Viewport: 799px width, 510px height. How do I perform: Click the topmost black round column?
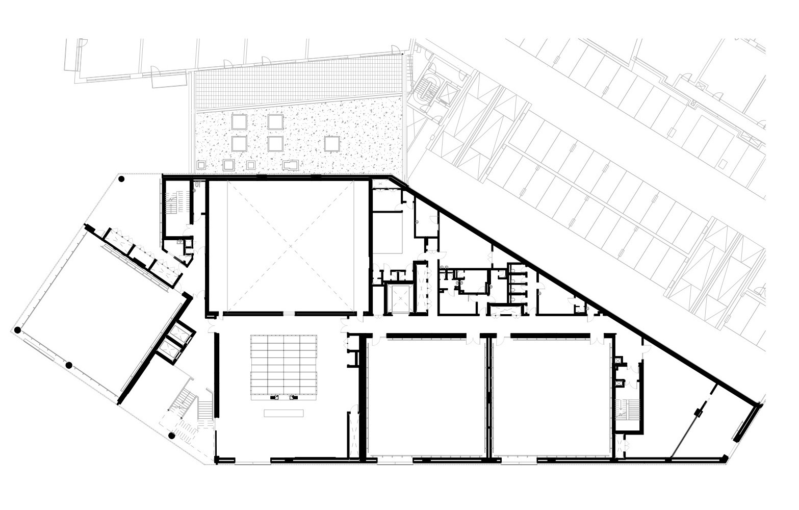click(121, 179)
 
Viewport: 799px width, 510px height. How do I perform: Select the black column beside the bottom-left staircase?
click(172, 436)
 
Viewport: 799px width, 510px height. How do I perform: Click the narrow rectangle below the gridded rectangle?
click(283, 413)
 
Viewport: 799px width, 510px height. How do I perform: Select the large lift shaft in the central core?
click(397, 299)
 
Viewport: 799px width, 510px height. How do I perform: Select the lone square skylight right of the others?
click(332, 144)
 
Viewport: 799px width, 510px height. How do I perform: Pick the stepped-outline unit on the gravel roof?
click(291, 165)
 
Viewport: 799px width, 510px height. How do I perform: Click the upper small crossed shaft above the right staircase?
click(619, 361)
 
